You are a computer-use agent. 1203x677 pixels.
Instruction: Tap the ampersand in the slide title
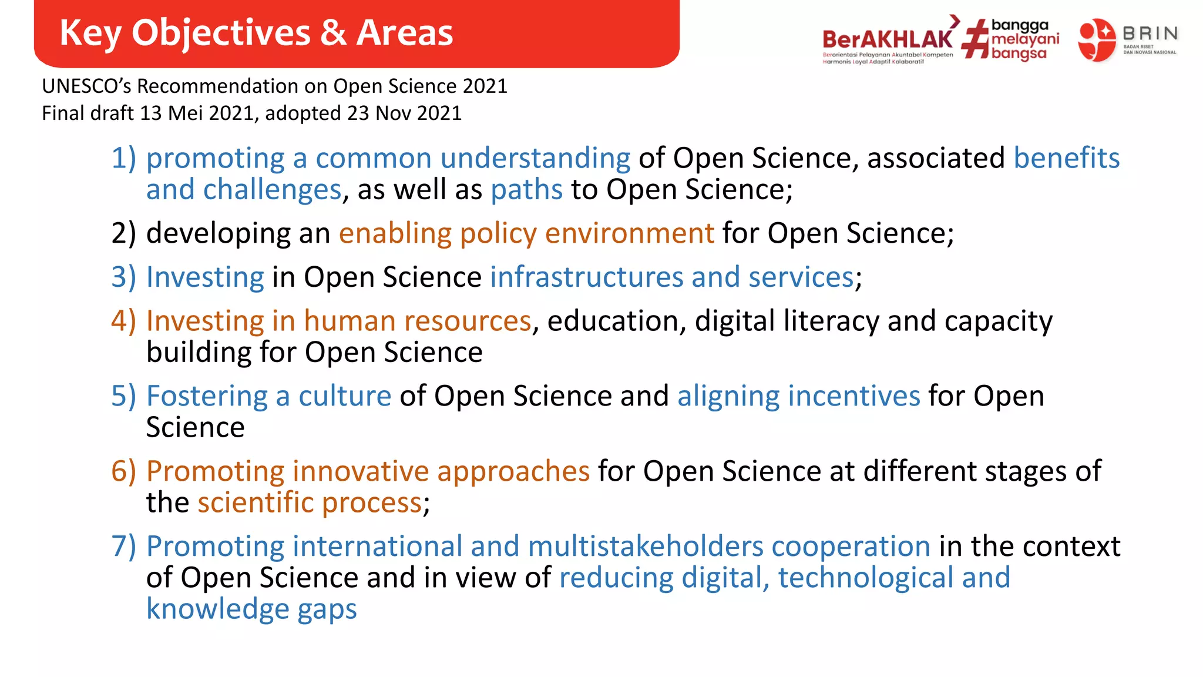[x=333, y=33]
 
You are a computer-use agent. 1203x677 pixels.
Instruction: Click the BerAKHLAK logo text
[x=887, y=39]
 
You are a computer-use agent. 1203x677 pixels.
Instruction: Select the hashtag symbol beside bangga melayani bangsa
[x=976, y=39]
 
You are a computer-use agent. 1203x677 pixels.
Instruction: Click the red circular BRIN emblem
[x=1096, y=39]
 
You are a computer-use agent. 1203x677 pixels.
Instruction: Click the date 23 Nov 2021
[x=404, y=113]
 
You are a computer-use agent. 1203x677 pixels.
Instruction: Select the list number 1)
[x=123, y=158]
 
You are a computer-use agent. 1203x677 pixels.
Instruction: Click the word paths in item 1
[x=526, y=190]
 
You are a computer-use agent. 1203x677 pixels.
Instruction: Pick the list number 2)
[x=123, y=233]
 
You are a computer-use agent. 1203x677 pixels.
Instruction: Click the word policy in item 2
[x=498, y=233]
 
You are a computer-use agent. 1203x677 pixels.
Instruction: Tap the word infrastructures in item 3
[x=586, y=277]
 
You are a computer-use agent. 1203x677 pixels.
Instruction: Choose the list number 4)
[x=123, y=321]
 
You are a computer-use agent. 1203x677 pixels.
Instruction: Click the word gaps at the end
[x=327, y=609]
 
